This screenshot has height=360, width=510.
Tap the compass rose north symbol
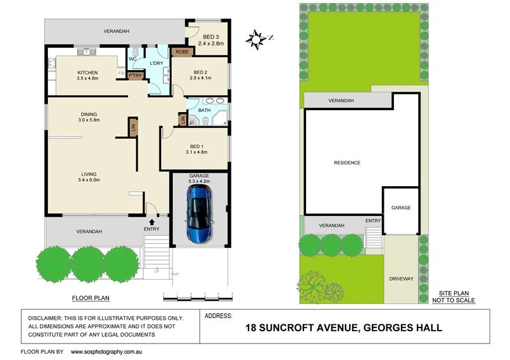(x=256, y=39)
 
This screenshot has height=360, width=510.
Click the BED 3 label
(x=210, y=37)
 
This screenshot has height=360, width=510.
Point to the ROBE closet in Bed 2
(x=181, y=52)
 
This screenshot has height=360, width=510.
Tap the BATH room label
(x=204, y=110)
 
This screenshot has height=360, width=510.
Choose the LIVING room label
(x=89, y=173)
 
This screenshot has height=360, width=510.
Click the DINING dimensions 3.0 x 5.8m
(x=87, y=120)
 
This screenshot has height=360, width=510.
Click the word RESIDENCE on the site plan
(x=347, y=162)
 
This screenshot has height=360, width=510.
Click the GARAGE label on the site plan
(x=401, y=208)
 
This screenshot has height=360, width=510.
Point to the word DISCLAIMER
(x=51, y=317)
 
